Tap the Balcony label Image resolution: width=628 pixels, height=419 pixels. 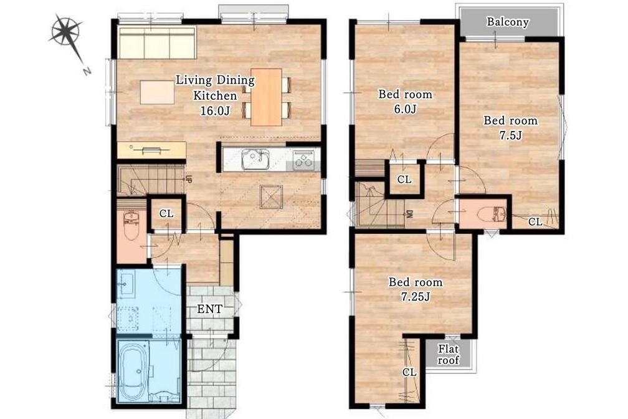click(x=507, y=22)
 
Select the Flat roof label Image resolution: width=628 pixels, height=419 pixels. click(x=448, y=354)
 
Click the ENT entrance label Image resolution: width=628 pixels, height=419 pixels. click(x=210, y=309)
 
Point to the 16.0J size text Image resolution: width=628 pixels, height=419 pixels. click(x=215, y=110)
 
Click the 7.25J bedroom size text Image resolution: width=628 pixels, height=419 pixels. click(x=416, y=297)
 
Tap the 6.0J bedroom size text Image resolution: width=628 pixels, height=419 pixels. click(x=406, y=109)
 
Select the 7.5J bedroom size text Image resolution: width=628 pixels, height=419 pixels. click(x=511, y=135)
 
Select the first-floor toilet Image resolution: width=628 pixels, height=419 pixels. click(x=131, y=226)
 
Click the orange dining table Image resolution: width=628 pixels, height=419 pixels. click(x=267, y=97)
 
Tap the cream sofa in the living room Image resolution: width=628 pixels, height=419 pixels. click(x=157, y=43)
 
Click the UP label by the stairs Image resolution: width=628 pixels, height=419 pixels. click(x=188, y=178)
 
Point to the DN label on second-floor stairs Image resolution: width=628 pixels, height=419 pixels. click(x=410, y=214)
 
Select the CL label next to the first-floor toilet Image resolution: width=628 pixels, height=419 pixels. click(x=166, y=214)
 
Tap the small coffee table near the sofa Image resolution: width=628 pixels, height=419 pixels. click(x=158, y=92)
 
